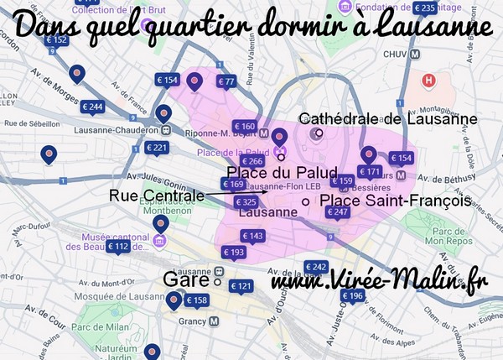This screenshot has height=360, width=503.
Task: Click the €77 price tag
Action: [x=226, y=81]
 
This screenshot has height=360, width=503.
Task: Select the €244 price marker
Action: [x=93, y=107]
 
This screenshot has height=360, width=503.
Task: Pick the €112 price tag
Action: [x=117, y=247]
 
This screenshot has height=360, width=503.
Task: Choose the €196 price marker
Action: [x=353, y=296]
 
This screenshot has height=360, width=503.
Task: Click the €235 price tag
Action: [x=425, y=9]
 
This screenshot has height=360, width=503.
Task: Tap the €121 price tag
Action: [x=241, y=286]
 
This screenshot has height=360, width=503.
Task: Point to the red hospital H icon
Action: [x=429, y=81]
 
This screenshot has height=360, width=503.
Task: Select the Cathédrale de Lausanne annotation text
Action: [x=388, y=119]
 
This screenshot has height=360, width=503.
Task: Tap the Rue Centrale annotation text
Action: [x=157, y=196]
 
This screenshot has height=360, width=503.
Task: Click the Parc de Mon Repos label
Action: [x=454, y=237]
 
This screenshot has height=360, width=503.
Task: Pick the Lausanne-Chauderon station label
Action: [x=117, y=131]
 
